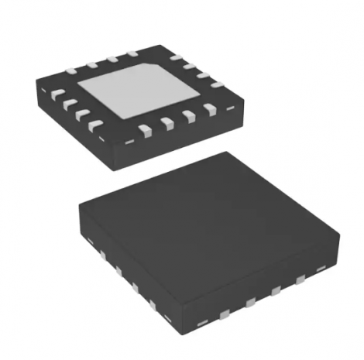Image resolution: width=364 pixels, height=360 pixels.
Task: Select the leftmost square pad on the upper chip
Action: [57, 95]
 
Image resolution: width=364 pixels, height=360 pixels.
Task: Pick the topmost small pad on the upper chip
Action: [132, 53]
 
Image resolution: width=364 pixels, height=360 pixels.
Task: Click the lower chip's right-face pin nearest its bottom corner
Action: [224, 313]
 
